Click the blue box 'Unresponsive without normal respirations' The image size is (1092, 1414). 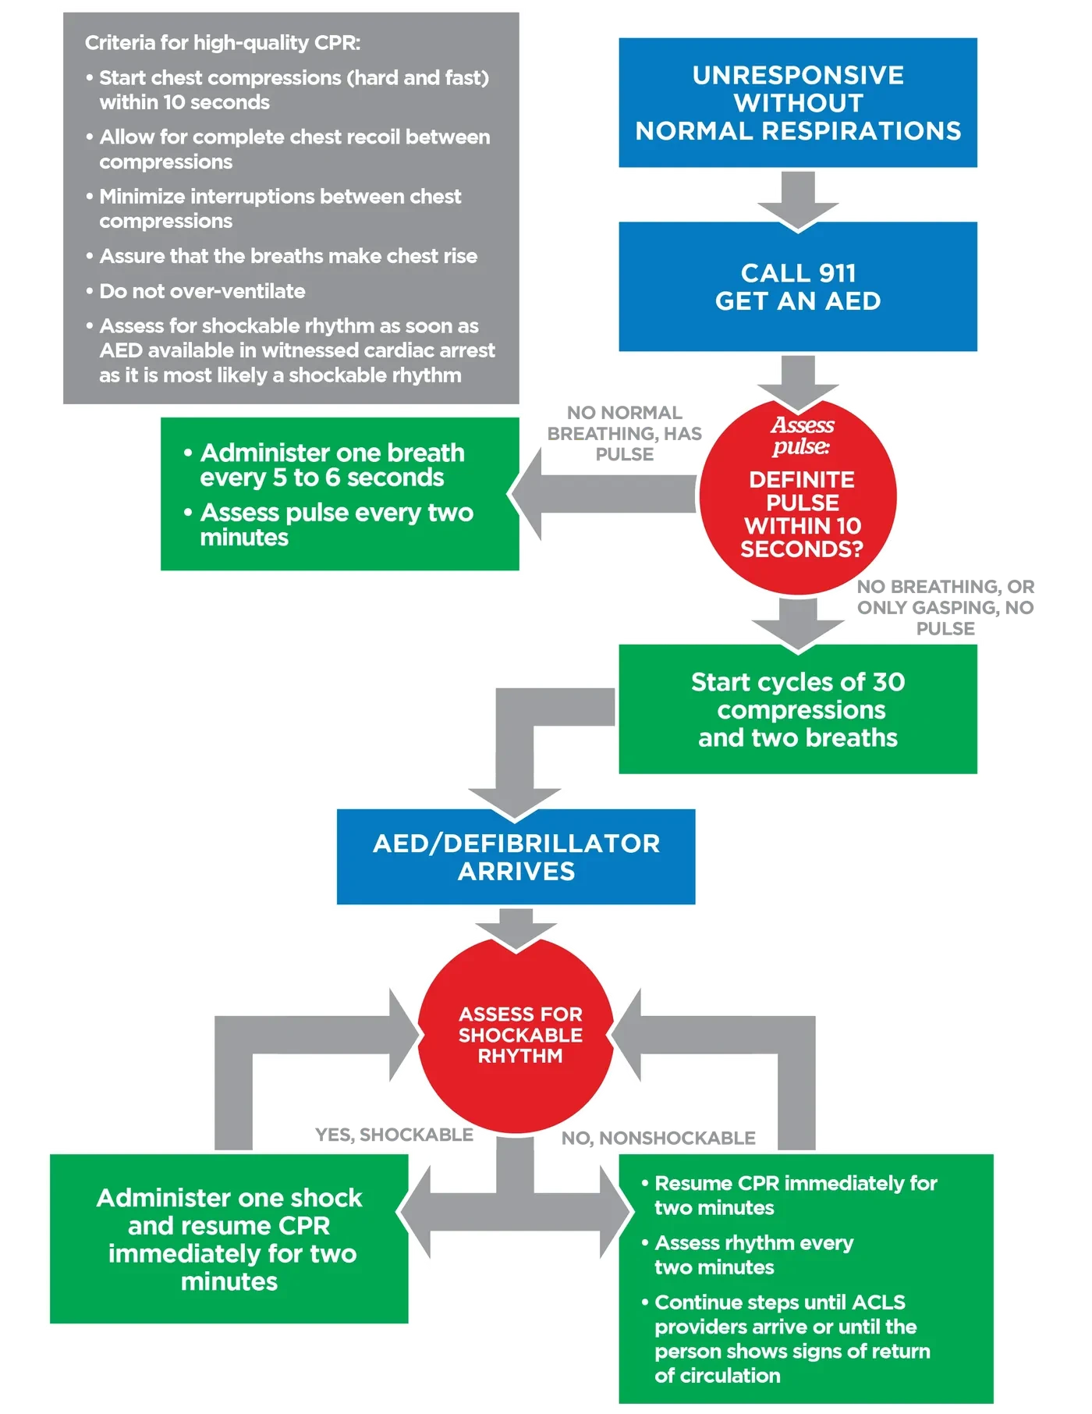797,102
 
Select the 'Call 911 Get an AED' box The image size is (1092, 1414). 797,286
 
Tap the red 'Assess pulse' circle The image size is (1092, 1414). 797,496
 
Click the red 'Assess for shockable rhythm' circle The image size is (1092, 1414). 516,1035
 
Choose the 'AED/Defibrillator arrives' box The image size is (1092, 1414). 516,856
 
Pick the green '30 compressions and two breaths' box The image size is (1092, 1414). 797,709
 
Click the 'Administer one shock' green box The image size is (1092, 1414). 229,1238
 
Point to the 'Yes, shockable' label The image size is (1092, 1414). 394,1135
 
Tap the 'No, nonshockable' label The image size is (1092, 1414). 658,1138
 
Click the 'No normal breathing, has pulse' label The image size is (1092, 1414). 624,433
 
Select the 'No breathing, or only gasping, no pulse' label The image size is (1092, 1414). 945,607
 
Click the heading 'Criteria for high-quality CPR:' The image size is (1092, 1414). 222,43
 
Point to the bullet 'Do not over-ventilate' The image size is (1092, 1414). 195,291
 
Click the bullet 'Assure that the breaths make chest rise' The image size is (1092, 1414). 281,256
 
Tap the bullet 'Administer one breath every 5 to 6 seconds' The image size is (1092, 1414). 324,465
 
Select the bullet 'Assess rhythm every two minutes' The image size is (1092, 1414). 747,1254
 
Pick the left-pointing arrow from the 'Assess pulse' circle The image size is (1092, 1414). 601,494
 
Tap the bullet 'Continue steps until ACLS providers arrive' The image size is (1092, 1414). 785,1338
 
